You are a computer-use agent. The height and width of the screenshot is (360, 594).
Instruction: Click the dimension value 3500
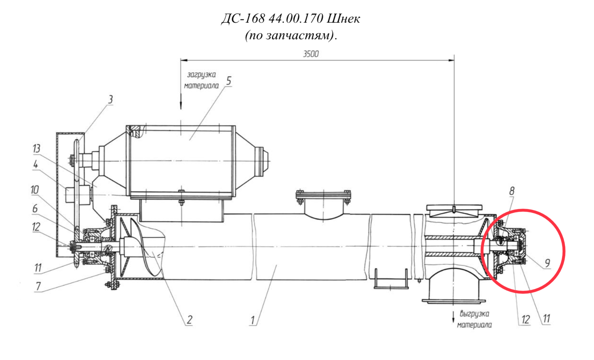tap(311, 54)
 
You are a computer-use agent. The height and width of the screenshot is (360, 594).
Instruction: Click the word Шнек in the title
tap(343, 19)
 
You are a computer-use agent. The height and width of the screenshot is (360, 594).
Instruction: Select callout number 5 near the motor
tap(229, 81)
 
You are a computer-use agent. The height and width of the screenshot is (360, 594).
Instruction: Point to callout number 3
tap(110, 100)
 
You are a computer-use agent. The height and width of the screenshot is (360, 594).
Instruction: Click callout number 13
tap(37, 149)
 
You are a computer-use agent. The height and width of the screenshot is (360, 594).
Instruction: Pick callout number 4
tap(36, 165)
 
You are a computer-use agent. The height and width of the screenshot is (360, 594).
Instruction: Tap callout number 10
tap(35, 190)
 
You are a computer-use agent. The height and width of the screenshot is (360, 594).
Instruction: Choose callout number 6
tap(35, 208)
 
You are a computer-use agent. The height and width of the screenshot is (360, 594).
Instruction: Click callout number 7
tap(38, 286)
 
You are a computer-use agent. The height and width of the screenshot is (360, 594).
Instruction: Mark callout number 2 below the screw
tap(189, 320)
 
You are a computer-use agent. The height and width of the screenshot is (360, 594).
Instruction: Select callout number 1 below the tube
tap(252, 320)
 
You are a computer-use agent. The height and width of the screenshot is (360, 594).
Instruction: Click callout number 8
tap(512, 191)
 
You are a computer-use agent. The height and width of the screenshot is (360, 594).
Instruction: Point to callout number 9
tap(548, 263)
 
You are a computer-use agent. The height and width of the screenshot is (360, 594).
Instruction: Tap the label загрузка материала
tap(201, 80)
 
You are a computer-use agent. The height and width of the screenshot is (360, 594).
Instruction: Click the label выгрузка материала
tap(474, 319)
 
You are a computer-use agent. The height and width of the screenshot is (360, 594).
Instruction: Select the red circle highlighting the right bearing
tap(523, 209)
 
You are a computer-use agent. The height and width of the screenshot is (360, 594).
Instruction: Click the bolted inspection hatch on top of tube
tap(324, 204)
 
